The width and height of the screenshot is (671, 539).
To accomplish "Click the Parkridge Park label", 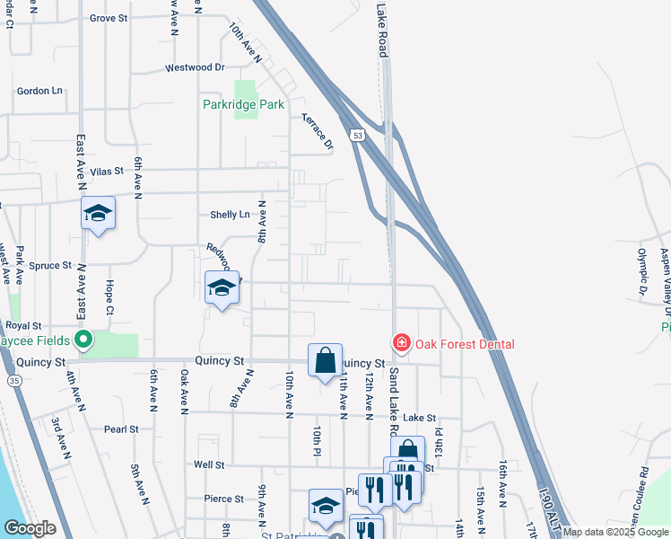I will point(243,105).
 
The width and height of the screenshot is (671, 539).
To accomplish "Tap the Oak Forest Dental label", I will point(465,344).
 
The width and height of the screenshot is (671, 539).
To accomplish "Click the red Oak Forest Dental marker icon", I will point(401,343).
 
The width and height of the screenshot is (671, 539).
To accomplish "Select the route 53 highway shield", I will point(358,135).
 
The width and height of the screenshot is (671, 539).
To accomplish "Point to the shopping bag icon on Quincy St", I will point(325,360).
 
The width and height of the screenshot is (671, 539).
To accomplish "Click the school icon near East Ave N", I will point(98,213).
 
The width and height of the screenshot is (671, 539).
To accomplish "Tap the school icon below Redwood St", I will point(222,287).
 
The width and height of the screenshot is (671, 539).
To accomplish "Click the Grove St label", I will point(109,18).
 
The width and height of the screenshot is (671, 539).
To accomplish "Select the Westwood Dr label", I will point(195,67).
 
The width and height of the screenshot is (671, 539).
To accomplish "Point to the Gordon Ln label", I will point(39,91).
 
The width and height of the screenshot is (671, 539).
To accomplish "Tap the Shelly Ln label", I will point(230,215).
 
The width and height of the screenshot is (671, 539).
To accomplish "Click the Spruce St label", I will point(49,266).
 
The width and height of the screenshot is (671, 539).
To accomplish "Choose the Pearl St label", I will point(120,429).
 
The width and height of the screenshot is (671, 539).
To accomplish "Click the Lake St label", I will point(419,418).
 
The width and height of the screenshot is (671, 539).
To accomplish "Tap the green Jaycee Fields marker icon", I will point(83,340).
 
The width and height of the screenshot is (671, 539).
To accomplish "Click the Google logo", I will point(30,528).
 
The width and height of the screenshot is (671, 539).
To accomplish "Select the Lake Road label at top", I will point(382,29).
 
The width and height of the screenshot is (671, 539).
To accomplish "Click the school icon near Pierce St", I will point(326,505).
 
